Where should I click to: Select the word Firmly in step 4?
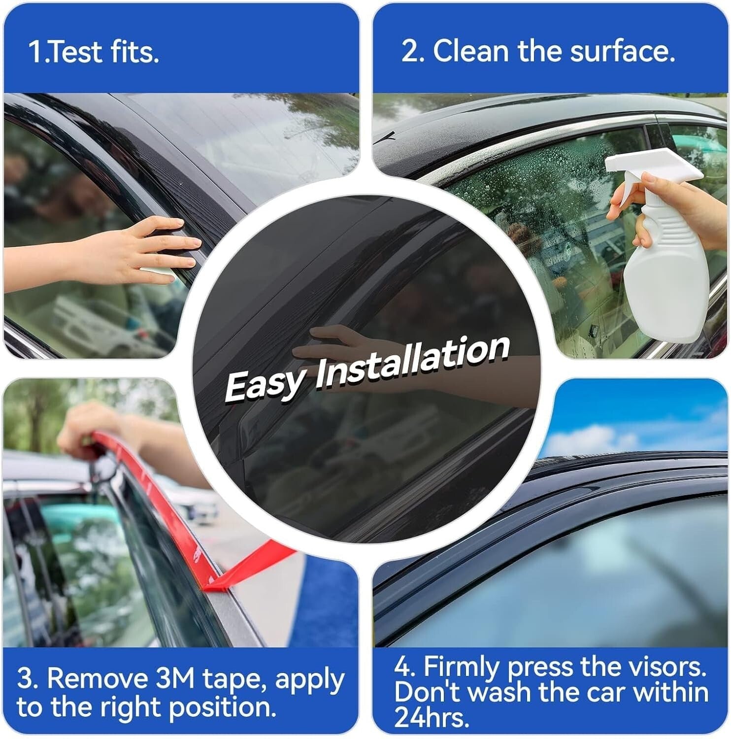pyautogui.click(x=461, y=668)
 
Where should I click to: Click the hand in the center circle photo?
pyautogui.click(x=335, y=345)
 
